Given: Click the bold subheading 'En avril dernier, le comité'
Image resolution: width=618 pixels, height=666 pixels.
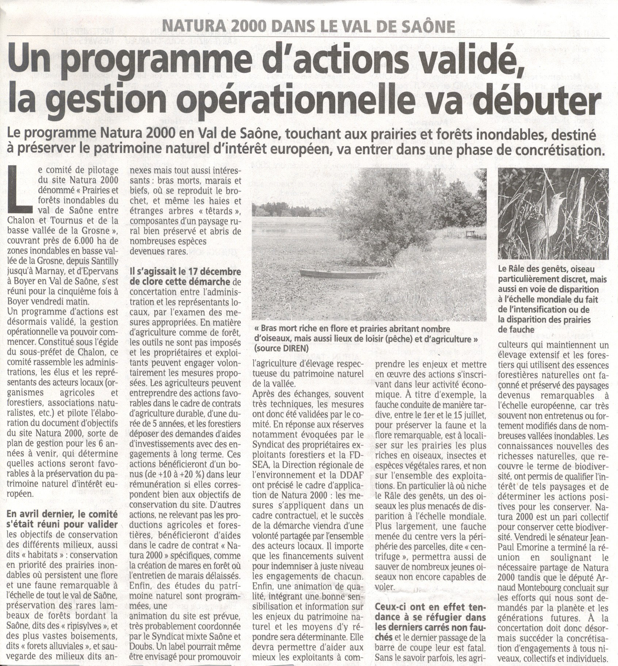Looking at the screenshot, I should click(x=62, y=514).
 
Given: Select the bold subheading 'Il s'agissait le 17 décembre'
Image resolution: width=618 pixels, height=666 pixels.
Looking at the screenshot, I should click(x=185, y=272).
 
